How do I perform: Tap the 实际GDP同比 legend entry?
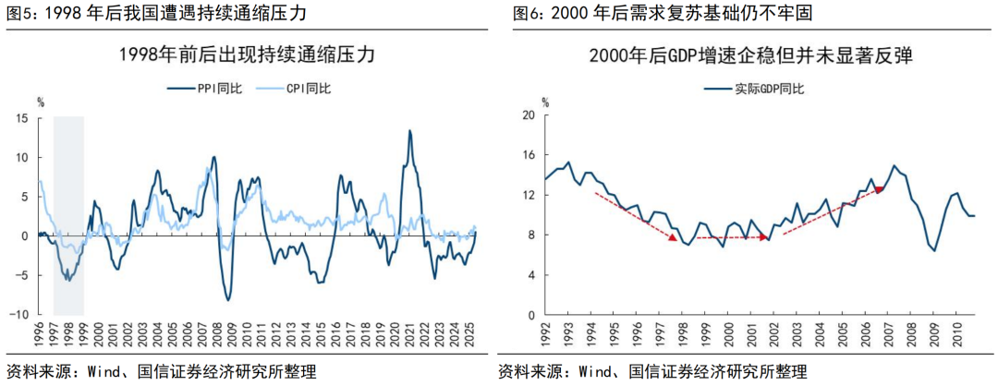753,89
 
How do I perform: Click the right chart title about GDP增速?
750,54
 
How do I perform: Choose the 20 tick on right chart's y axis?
529,115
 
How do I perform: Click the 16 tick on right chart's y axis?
529,155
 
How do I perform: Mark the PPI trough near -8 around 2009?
228,299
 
